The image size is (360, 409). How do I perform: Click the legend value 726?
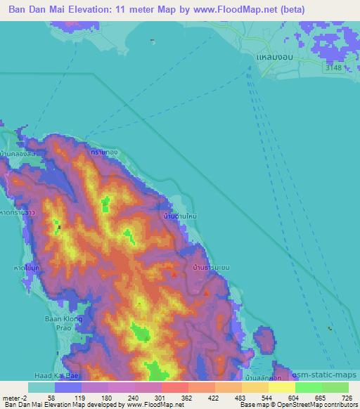(x=347, y=398)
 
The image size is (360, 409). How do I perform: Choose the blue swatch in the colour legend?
(x=67, y=387)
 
